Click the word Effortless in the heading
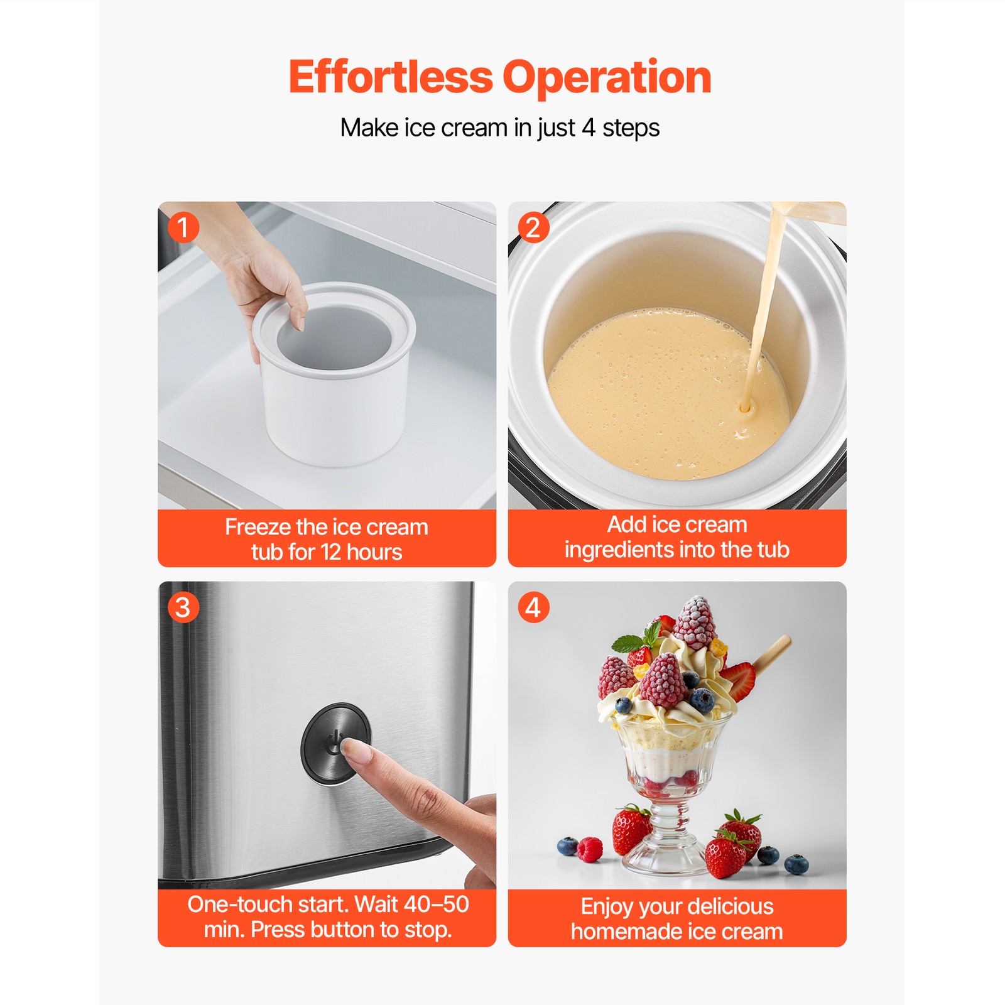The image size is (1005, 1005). click(x=391, y=78)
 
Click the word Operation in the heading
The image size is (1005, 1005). click(x=606, y=78)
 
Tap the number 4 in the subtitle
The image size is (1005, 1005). click(x=588, y=128)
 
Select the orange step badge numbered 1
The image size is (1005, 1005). click(x=183, y=227)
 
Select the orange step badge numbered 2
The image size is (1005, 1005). click(x=533, y=227)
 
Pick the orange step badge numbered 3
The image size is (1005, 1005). click(x=183, y=607)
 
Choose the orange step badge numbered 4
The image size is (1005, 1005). click(x=533, y=607)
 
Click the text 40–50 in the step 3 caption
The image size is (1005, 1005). click(x=437, y=904)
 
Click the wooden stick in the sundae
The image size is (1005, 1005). click(x=771, y=653)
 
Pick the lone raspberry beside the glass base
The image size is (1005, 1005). click(x=590, y=849)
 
